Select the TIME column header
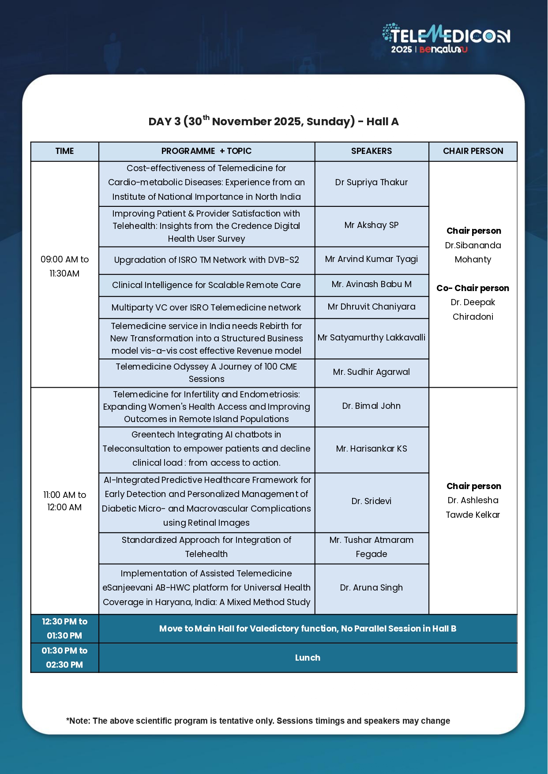[x=64, y=151]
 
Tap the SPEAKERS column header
[x=372, y=151]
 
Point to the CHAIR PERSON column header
[x=473, y=151]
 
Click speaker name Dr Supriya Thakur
[x=372, y=183]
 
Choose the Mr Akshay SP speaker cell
[x=372, y=225]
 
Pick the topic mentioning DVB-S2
[x=206, y=260]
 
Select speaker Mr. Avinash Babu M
[x=372, y=284]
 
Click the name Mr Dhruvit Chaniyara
[x=372, y=307]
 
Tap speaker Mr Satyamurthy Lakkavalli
[x=372, y=338]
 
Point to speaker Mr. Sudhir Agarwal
[x=372, y=372]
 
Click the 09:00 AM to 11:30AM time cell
[x=64, y=266]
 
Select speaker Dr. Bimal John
[x=372, y=406]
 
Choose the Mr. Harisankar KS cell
[x=372, y=449]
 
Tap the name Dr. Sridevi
[x=372, y=501]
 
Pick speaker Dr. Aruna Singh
[x=372, y=588]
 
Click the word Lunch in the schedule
[x=308, y=658]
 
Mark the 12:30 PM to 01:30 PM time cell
[x=64, y=628]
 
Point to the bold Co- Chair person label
[x=473, y=288]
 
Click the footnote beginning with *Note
[x=258, y=721]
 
